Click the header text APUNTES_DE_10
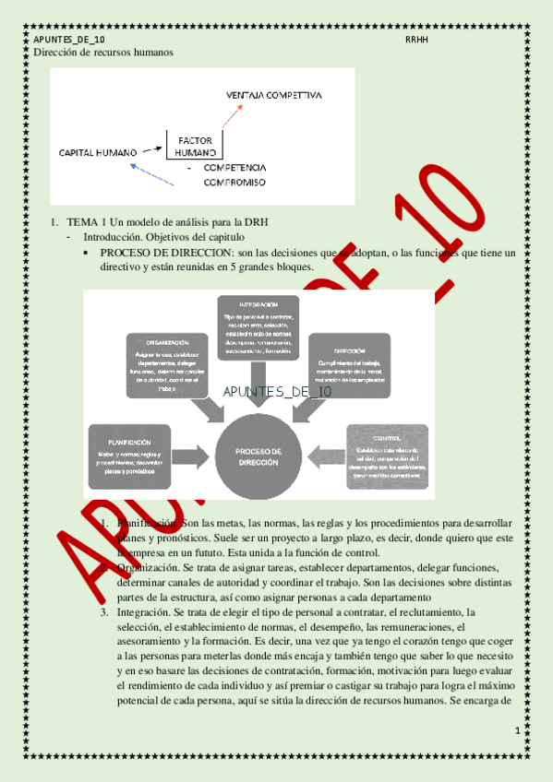(68, 41)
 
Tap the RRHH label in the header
(415, 41)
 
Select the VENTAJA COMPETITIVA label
(274, 95)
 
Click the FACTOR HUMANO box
(195, 144)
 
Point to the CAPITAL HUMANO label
(98, 151)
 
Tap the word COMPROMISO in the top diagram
(234, 183)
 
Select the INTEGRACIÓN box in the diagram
(259, 327)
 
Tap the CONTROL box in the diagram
(387, 455)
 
